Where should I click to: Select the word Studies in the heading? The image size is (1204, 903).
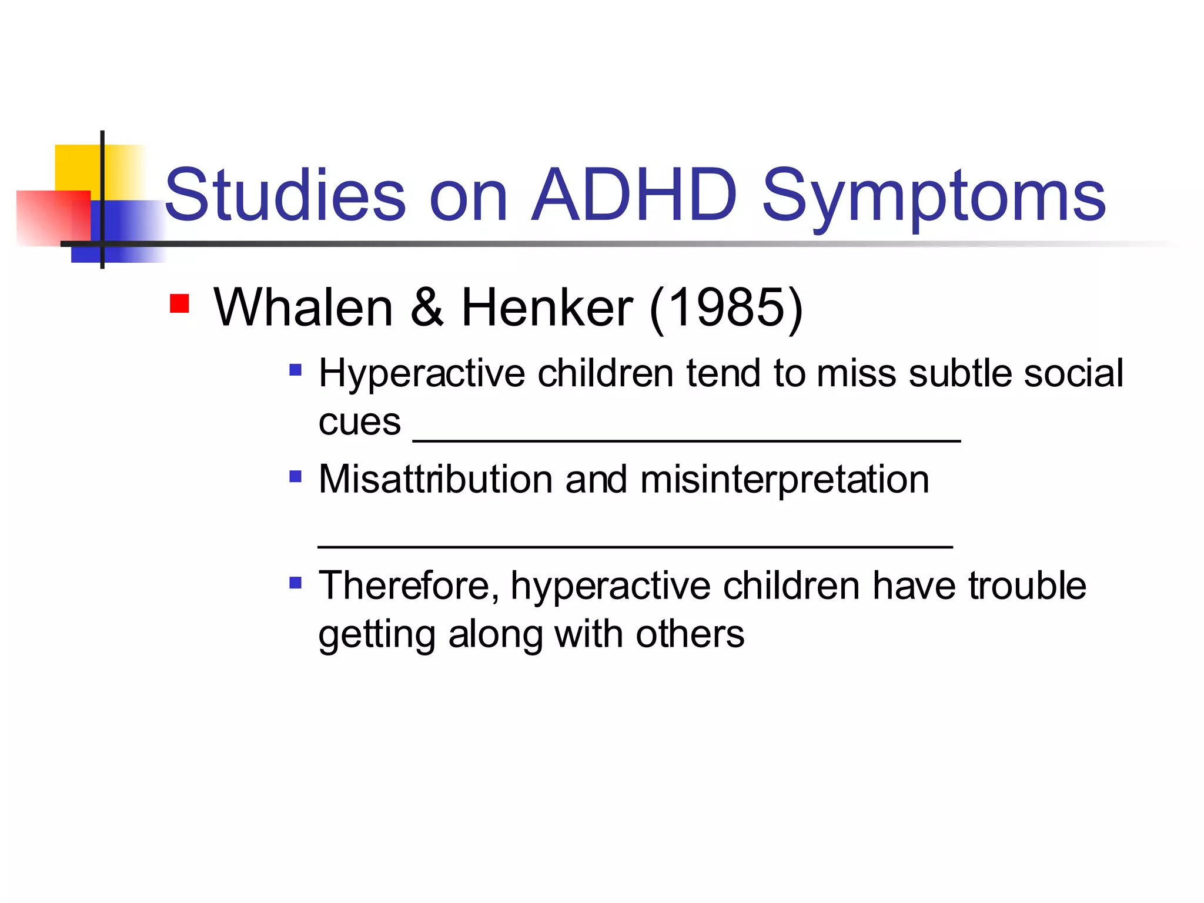[285, 195]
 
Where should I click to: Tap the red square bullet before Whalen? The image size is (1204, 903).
[179, 303]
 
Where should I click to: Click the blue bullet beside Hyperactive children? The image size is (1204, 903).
[296, 370]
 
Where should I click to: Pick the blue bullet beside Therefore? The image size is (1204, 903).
[296, 583]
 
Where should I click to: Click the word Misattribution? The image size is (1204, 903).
[435, 479]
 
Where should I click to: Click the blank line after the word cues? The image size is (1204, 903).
[687, 439]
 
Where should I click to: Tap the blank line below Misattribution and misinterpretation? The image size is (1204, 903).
[635, 546]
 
